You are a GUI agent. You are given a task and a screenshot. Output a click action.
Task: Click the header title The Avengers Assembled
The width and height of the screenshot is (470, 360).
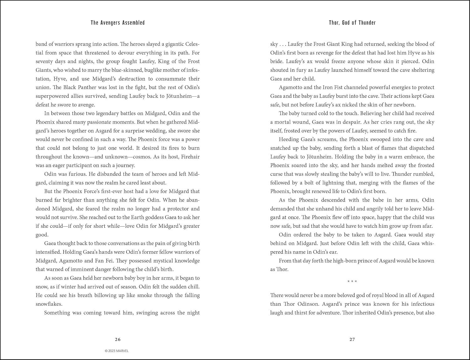[x=118, y=23]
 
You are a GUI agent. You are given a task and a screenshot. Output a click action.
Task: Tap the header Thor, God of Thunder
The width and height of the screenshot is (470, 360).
[x=352, y=23]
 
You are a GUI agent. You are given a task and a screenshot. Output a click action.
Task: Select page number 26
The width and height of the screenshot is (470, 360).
[x=118, y=339]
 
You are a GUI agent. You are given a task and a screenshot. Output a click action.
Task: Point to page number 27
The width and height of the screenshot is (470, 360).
[x=352, y=339]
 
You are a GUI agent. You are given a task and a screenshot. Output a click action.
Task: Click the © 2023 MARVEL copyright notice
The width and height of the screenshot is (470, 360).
[x=117, y=351]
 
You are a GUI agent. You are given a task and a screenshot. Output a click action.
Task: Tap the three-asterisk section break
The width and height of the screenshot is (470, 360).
[x=352, y=281]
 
